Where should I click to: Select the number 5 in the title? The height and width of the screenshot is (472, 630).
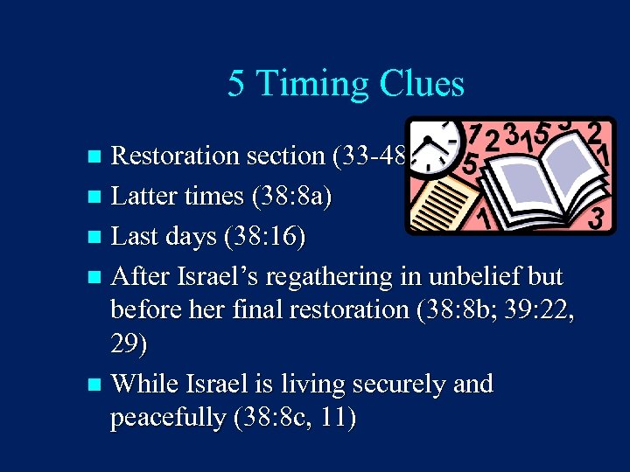point(235,84)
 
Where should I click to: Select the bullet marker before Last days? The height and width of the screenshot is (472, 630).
point(95,237)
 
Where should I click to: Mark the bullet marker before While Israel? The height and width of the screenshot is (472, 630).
point(95,385)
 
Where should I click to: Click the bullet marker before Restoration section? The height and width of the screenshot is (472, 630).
point(95,156)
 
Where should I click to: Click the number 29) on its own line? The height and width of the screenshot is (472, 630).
point(129,344)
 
